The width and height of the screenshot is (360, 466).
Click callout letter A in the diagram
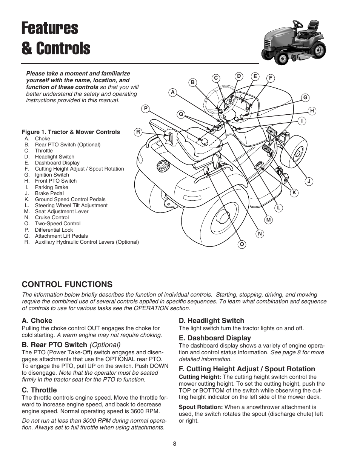tap(173, 92)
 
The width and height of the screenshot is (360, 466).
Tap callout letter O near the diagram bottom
tap(242, 245)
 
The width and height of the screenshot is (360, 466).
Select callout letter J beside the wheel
tap(309, 181)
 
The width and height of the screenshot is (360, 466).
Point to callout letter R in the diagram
tap(138, 132)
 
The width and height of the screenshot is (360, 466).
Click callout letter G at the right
tap(305, 98)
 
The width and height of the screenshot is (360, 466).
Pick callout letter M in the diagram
tap(268, 220)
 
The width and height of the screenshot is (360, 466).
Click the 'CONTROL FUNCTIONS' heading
tap(67, 284)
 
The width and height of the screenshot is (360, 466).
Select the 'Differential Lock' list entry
tap(54, 230)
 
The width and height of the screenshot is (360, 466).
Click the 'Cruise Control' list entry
tap(52, 217)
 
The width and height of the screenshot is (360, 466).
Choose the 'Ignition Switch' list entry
tap(52, 175)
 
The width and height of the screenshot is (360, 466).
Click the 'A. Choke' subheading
tap(37, 320)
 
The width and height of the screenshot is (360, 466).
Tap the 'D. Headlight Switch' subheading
tap(211, 320)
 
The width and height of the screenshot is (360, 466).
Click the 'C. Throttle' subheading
tap(39, 390)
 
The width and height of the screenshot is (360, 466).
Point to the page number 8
tap(175, 444)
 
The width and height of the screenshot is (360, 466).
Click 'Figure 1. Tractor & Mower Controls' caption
tap(71, 132)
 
